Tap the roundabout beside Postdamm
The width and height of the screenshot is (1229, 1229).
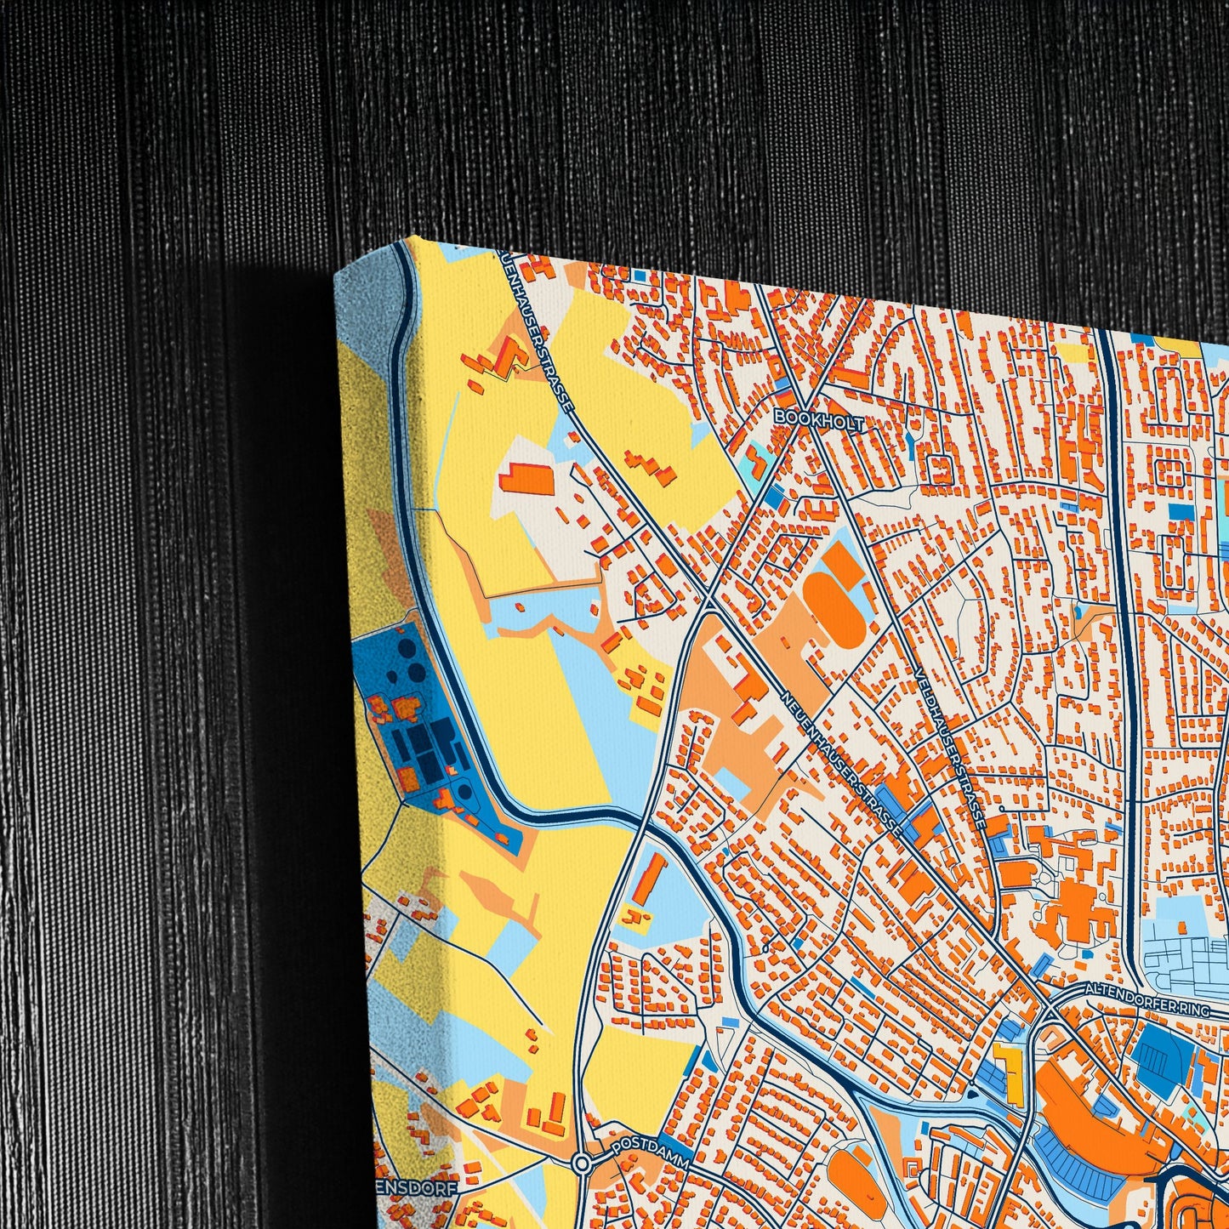coord(582,1162)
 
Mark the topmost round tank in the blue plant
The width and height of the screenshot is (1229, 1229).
coord(396,653)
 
